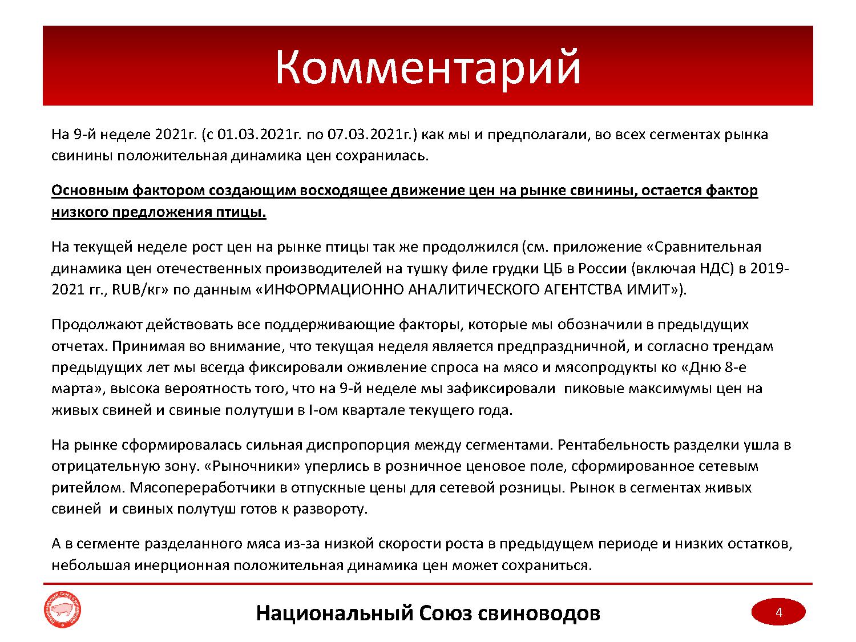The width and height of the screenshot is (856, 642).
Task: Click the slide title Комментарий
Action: point(428,67)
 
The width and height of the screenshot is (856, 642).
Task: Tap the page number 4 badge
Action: point(778,612)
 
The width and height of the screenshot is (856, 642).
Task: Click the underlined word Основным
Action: point(89,191)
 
